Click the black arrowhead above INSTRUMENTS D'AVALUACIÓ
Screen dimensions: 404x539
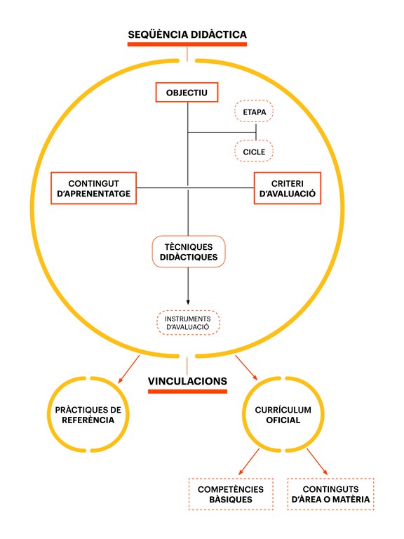[x=188, y=302]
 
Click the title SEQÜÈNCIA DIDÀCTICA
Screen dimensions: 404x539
[x=187, y=34]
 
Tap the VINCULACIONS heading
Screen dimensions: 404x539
[x=187, y=381]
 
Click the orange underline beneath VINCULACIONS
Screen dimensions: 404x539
[x=187, y=391]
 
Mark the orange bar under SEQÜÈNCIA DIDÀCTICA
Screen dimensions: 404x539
[x=187, y=44]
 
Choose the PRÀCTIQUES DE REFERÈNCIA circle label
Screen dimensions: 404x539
[x=88, y=415]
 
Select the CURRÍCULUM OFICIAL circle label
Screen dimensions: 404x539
[x=283, y=415]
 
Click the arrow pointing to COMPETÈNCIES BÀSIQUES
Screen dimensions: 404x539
[x=249, y=462]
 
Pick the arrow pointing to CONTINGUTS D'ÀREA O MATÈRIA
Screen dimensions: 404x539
[x=317, y=462]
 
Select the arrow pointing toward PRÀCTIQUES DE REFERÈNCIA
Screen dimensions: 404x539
[x=129, y=369]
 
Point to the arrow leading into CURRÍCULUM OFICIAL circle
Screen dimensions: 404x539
[x=246, y=368]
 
